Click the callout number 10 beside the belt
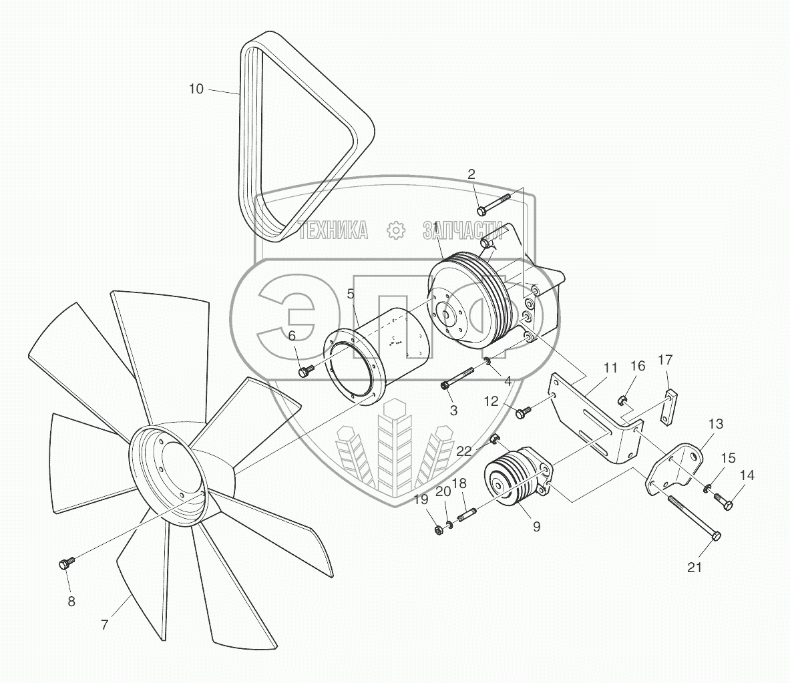[196, 89]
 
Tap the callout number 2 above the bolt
[471, 174]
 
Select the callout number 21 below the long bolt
[695, 567]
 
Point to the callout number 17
[665, 360]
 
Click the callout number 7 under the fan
[104, 626]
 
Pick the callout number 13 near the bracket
[715, 424]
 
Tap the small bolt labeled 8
[66, 564]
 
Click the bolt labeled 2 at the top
[493, 203]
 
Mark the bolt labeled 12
[522, 413]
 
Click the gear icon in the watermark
[397, 230]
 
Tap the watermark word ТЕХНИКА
[333, 230]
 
